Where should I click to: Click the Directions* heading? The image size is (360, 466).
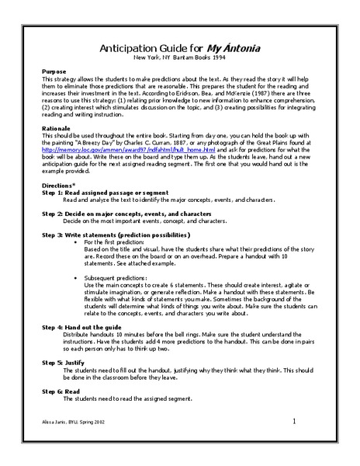(59, 186)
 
